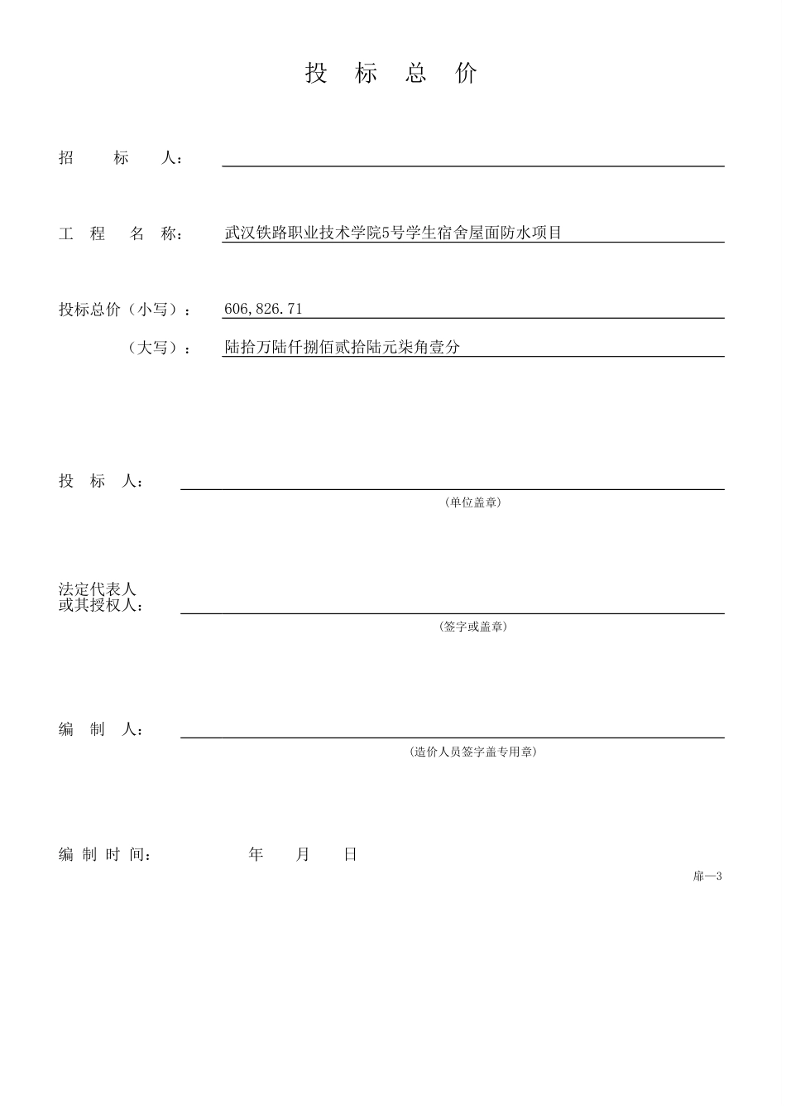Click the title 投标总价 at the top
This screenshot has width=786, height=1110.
coord(391,74)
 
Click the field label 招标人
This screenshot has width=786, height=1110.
coord(121,158)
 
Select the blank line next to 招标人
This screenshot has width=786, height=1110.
coord(472,161)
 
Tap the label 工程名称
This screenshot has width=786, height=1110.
coord(121,234)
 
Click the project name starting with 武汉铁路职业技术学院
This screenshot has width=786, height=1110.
coord(393,233)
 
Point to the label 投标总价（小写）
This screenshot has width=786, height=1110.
coord(124,310)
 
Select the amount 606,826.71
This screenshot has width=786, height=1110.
coord(263,310)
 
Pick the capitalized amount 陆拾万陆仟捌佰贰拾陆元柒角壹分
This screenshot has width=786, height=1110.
coord(342,348)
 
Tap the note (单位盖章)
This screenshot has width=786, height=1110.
coord(472,502)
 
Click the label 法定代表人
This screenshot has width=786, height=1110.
coord(97,589)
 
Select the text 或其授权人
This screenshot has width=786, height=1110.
coord(101,605)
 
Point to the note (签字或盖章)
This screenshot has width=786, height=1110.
coord(472,627)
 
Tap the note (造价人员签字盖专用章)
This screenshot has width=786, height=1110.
coord(472,752)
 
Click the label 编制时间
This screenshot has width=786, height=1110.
coord(104,855)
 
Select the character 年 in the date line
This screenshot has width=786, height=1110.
coord(256,855)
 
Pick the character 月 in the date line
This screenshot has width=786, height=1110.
coord(303,855)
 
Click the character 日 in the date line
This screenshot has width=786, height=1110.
coord(350,855)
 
